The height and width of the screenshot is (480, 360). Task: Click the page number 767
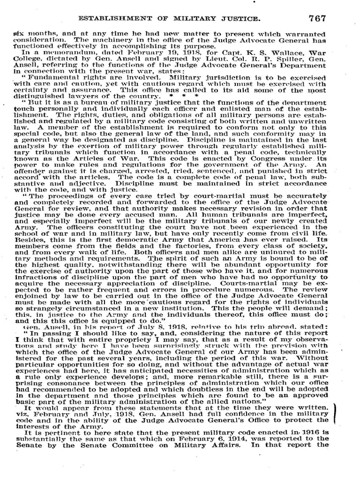316,19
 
